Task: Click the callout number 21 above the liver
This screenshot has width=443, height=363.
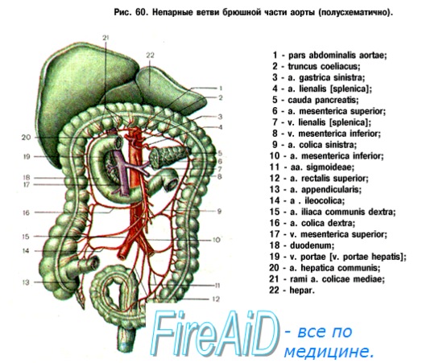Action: coord(106,38)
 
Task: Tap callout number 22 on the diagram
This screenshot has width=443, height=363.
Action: coord(150,55)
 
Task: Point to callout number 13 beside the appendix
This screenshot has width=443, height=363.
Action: coord(26,283)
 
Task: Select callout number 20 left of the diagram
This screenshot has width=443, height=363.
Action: coord(26,138)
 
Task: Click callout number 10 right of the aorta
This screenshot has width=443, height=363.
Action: coord(216,240)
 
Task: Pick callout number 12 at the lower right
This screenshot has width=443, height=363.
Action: coord(216,299)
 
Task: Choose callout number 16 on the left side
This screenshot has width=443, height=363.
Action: coord(26,212)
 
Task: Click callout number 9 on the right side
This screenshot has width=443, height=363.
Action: coord(219,211)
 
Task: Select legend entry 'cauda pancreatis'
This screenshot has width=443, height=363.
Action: coord(315,100)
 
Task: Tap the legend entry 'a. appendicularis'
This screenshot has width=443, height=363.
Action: coord(315,189)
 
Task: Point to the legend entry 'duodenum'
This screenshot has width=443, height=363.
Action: coord(302,245)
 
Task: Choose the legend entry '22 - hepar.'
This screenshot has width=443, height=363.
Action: coord(292,291)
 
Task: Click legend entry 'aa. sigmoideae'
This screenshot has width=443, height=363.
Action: coord(312,167)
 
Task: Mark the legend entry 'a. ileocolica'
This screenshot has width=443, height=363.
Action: coord(307,200)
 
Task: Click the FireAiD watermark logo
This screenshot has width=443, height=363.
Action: coord(215,335)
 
